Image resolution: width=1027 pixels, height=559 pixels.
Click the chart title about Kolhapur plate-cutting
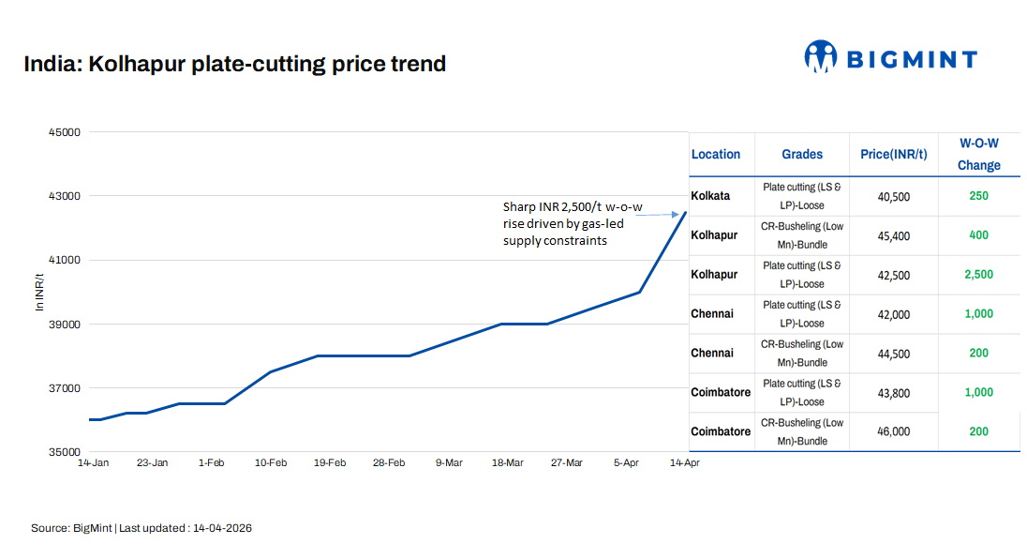234,65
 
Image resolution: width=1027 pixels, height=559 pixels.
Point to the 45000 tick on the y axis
65,132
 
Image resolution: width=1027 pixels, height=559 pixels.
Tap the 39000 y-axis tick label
65,325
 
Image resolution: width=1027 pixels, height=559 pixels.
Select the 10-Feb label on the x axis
270,462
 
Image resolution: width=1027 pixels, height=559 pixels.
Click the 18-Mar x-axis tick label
508,462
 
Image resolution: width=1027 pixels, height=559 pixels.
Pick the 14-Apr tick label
684,462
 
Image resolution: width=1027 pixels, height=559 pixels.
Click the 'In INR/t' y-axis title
38,293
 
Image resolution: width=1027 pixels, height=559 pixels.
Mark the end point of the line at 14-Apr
686,212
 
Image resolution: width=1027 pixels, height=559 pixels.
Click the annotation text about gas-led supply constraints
562,224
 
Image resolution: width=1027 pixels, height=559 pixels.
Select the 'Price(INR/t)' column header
894,155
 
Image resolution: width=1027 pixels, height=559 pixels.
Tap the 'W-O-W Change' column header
978,154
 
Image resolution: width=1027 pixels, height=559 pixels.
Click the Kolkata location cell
710,196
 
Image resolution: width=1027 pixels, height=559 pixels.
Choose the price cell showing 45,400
894,235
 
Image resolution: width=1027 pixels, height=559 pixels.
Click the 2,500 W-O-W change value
978,275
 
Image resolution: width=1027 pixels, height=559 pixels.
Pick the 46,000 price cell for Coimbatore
894,432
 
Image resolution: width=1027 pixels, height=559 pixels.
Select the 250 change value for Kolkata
978,196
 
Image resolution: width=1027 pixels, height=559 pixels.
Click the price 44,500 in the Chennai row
894,354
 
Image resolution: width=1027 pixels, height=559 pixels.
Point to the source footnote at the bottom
141,528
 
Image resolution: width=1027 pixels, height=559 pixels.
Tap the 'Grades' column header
802,155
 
